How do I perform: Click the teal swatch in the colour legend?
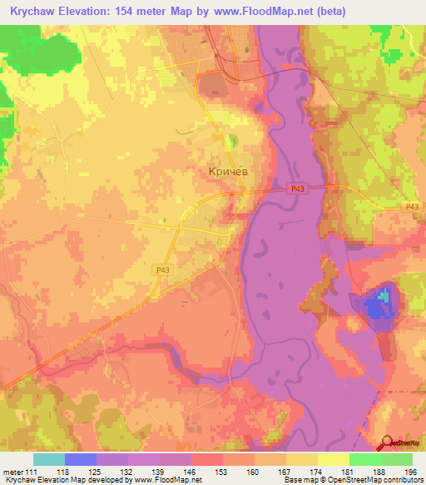pos(49,459)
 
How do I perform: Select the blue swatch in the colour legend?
pos(81,459)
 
